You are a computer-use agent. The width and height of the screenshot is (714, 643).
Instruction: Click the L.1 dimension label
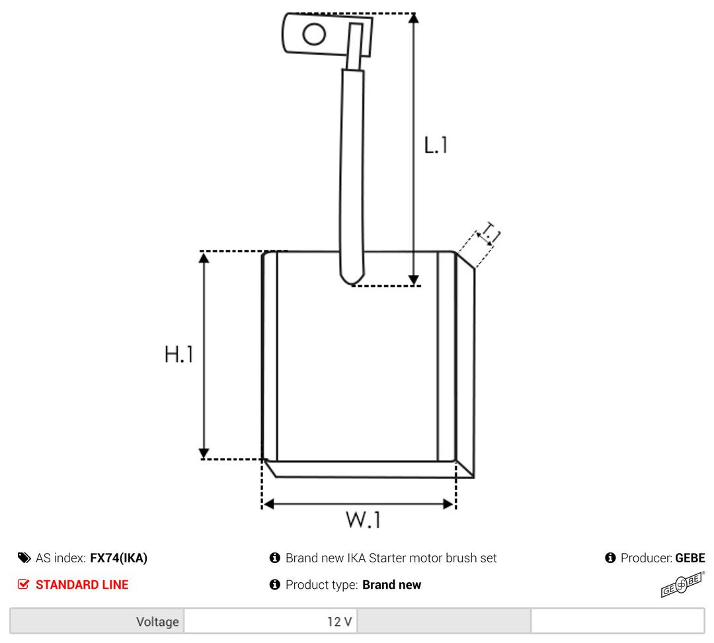click(x=436, y=145)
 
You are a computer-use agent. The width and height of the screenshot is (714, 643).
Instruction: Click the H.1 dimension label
click(x=179, y=354)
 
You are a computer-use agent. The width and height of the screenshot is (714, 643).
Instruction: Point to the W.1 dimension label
click(x=363, y=519)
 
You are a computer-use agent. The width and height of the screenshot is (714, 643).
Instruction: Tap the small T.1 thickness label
click(x=491, y=232)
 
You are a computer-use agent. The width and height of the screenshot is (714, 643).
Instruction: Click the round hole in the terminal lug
click(x=314, y=34)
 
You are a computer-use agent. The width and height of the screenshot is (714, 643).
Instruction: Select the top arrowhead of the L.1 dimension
click(x=413, y=19)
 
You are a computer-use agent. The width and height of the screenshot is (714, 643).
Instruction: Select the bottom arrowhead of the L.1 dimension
click(x=413, y=280)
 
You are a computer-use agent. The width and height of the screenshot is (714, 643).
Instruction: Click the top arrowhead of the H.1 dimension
click(x=204, y=258)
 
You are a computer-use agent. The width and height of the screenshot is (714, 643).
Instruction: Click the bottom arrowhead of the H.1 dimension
click(x=204, y=453)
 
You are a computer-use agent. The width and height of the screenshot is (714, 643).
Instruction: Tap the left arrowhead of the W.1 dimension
click(x=268, y=504)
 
